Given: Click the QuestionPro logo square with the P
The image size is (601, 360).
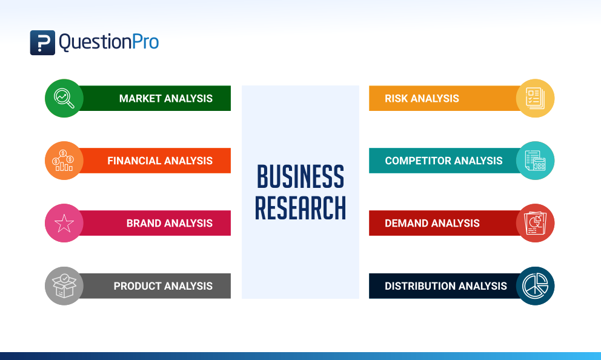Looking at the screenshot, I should click(42, 42).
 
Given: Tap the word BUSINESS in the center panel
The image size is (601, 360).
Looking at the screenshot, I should click(300, 176).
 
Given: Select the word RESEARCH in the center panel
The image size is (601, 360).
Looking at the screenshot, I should click(300, 207).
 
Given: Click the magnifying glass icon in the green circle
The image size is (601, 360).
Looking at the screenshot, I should click(64, 98).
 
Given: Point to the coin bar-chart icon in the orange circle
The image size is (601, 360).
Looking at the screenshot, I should click(64, 161).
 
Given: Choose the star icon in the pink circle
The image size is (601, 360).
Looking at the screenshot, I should click(64, 223).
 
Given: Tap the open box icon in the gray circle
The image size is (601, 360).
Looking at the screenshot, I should click(64, 285).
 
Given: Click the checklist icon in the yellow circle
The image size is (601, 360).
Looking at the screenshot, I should click(535, 98).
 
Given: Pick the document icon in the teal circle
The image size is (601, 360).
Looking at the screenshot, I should click(535, 161).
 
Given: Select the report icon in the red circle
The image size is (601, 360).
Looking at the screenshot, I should click(535, 223).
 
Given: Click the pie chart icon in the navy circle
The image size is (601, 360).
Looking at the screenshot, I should click(535, 285).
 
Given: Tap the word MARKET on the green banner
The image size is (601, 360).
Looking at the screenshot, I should click(139, 98).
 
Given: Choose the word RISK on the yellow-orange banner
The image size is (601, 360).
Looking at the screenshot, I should click(397, 98).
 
